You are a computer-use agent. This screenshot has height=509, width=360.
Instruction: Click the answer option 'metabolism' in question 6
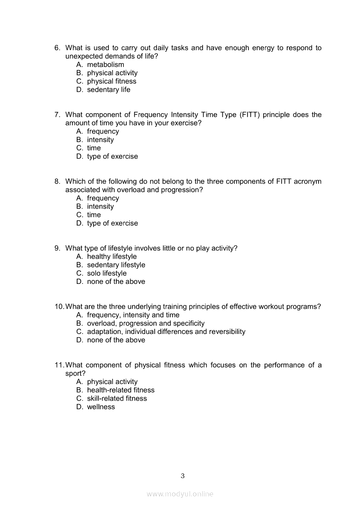[105, 65]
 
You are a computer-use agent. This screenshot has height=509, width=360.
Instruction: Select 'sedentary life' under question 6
[109, 90]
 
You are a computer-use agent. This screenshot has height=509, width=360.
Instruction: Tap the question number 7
[57, 115]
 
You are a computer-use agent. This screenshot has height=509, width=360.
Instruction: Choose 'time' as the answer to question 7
[94, 148]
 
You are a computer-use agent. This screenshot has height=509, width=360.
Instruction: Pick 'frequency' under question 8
[103, 198]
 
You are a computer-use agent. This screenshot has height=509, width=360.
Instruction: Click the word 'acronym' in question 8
[307, 182]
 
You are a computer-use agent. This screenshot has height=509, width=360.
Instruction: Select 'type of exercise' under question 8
[112, 223]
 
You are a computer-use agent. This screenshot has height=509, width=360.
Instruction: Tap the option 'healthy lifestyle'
[112, 257]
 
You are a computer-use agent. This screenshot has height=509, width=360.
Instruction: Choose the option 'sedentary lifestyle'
[116, 265]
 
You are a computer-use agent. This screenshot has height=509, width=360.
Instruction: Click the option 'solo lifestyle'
[107, 273]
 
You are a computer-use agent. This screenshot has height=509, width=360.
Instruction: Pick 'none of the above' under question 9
[116, 282]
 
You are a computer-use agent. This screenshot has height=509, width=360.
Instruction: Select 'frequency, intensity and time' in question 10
[133, 315]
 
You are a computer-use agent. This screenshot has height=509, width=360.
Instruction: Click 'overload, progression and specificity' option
[146, 324]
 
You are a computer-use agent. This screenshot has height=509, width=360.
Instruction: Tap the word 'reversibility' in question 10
[227, 332]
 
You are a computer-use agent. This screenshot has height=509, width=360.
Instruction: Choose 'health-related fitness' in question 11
[121, 390]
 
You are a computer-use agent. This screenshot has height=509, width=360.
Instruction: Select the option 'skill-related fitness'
[117, 398]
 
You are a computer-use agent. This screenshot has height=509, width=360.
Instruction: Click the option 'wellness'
[101, 407]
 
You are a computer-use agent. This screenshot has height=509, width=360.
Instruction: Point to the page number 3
[183, 476]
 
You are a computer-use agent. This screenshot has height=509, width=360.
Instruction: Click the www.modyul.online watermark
[180, 494]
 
